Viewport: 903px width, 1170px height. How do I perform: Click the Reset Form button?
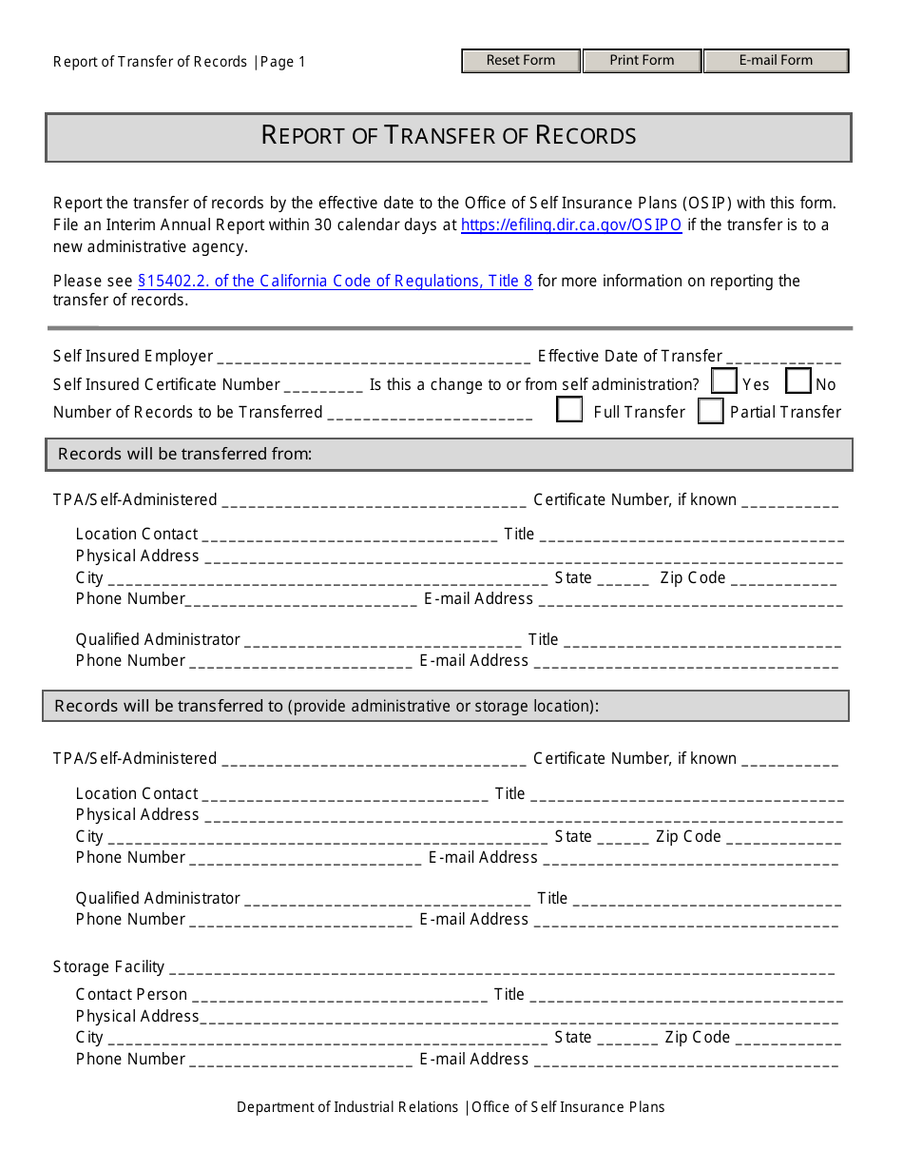pyautogui.click(x=521, y=61)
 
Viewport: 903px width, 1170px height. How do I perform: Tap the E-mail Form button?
pyautogui.click(x=776, y=61)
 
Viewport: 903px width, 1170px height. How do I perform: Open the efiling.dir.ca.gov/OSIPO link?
pyautogui.click(x=571, y=225)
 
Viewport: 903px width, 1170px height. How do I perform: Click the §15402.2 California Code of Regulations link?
pyautogui.click(x=335, y=281)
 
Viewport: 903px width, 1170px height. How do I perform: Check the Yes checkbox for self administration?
pyautogui.click(x=724, y=381)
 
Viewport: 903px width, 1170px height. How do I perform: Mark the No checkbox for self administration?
pyautogui.click(x=798, y=381)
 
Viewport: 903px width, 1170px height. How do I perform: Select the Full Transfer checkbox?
pyautogui.click(x=569, y=410)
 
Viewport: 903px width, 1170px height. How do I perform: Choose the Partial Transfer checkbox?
pyautogui.click(x=711, y=411)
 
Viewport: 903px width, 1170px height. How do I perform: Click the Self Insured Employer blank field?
pyautogui.click(x=374, y=359)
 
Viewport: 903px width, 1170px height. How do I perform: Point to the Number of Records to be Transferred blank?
pyautogui.click(x=430, y=414)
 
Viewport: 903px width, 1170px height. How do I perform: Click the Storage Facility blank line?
pyautogui.click(x=501, y=968)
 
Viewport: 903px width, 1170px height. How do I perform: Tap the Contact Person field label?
pyautogui.click(x=131, y=994)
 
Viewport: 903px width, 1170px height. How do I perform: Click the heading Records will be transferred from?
pyautogui.click(x=185, y=454)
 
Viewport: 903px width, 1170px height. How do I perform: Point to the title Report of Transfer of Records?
pyautogui.click(x=449, y=136)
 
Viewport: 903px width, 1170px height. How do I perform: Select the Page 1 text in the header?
pyautogui.click(x=283, y=62)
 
